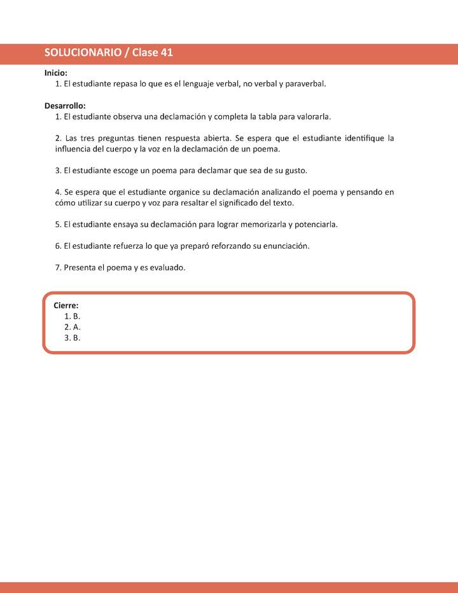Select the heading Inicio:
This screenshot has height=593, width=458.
tap(56, 73)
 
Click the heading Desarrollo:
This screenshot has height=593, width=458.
tap(65, 106)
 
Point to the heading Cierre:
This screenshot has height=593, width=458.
tap(66, 305)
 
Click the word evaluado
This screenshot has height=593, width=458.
tap(167, 268)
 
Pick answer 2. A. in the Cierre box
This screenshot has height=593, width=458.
tap(72, 327)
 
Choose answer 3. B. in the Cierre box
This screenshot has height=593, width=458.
tap(72, 338)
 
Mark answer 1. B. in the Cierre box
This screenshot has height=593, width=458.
tap(72, 316)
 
